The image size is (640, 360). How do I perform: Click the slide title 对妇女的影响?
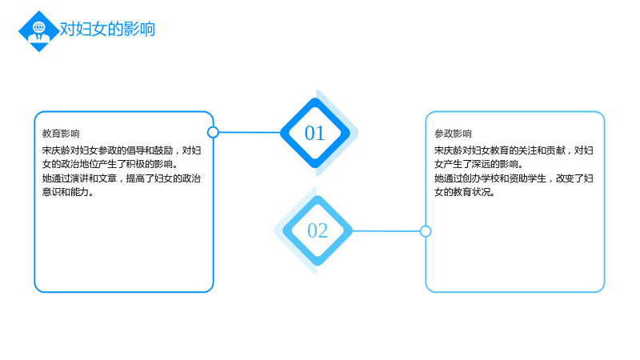(107, 30)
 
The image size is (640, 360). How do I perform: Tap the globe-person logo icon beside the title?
(39, 31)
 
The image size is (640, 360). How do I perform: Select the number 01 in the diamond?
(314, 133)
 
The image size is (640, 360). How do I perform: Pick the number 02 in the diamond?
(318, 230)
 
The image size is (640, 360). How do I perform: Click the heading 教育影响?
(61, 134)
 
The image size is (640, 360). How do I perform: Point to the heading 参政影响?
(453, 134)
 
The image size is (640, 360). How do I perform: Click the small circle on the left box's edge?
(213, 132)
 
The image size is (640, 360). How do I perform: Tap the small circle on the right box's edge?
(426, 231)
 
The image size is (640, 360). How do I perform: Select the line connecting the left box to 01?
(250, 132)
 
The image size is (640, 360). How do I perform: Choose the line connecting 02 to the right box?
(386, 231)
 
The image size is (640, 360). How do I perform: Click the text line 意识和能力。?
(68, 192)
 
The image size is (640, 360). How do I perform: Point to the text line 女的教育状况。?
(465, 192)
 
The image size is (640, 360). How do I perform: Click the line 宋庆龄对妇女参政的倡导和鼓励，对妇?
(122, 150)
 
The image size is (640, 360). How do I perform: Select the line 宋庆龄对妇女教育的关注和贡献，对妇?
(514, 150)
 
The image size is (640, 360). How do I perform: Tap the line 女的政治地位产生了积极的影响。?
(110, 164)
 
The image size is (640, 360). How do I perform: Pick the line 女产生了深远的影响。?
(478, 164)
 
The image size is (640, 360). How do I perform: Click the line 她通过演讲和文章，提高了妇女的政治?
(122, 178)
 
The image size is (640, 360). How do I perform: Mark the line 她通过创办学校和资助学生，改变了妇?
(514, 178)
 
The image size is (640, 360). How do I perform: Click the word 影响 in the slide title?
(139, 30)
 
